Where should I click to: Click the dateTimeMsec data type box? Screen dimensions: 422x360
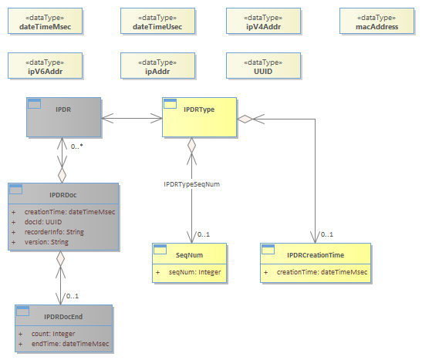(x=45, y=21)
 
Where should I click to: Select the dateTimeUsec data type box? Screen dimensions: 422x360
(x=157, y=21)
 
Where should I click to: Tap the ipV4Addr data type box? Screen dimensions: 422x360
(x=264, y=21)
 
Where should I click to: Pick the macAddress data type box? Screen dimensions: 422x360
(x=376, y=21)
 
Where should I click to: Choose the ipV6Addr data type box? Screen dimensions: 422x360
(x=45, y=66)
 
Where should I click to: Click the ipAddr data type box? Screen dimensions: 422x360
(x=157, y=66)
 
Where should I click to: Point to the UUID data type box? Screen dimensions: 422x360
(x=264, y=66)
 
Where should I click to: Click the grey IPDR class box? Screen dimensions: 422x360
(x=63, y=117)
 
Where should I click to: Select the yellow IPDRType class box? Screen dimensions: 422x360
(x=199, y=117)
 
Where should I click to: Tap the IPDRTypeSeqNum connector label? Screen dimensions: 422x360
(x=192, y=184)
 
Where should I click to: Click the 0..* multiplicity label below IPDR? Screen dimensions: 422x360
(x=76, y=146)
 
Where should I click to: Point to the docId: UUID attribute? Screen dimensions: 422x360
(x=43, y=222)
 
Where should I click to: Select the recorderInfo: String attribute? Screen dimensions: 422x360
(x=54, y=232)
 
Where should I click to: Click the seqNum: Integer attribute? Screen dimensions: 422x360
(x=195, y=272)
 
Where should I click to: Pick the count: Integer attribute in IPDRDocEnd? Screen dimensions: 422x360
(x=53, y=334)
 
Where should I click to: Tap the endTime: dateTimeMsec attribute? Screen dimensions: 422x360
(x=70, y=344)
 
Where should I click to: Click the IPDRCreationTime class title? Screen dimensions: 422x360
(x=316, y=255)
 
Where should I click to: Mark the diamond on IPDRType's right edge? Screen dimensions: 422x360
(x=245, y=119)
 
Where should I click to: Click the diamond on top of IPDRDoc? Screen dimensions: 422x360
(x=62, y=175)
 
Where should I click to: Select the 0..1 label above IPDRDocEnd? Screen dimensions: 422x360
(x=73, y=296)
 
